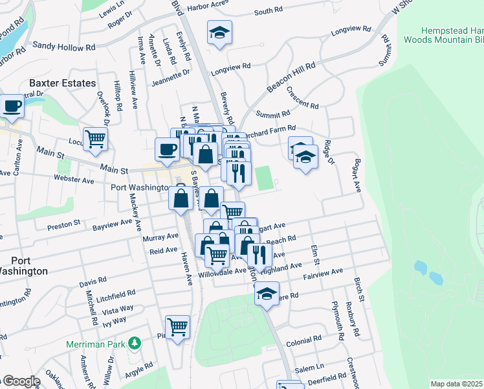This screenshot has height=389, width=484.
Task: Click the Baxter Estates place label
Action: (x=62, y=83)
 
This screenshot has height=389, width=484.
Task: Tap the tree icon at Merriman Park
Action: (x=135, y=342)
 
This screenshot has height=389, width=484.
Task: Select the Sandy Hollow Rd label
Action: (x=64, y=47)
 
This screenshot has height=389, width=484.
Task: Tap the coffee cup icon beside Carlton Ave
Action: (x=12, y=105)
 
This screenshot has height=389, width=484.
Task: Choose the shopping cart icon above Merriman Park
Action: (x=177, y=327)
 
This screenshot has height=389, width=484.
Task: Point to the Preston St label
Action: (x=63, y=224)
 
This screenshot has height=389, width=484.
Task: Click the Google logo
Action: (x=21, y=381)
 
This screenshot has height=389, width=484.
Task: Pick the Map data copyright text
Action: (x=456, y=384)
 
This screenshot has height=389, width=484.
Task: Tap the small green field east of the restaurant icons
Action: (x=263, y=178)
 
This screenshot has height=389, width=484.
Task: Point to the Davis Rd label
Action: (x=93, y=283)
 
